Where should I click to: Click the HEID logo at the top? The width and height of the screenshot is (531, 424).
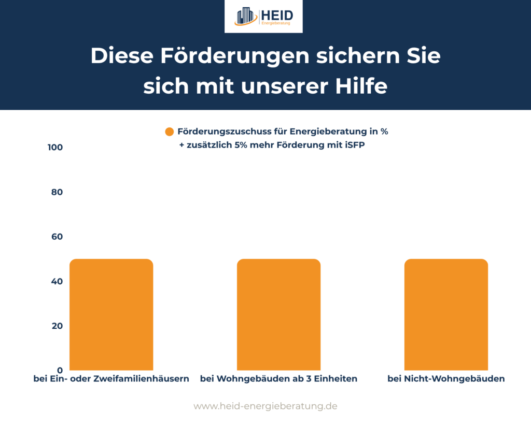click(263, 16)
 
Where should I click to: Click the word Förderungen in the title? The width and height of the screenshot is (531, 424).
click(212, 56)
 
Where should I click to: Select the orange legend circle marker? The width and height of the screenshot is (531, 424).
click(169, 132)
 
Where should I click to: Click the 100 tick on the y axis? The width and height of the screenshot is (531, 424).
click(54, 148)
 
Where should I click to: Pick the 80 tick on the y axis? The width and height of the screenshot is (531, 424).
click(56, 192)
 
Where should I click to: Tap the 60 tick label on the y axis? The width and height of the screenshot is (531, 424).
click(56, 237)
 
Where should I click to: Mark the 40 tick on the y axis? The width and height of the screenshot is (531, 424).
click(56, 281)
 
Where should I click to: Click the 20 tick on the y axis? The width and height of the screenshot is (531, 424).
click(56, 326)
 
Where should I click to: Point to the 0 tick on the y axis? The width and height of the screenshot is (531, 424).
click(59, 370)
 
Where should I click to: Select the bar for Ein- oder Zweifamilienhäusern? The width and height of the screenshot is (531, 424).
click(111, 314)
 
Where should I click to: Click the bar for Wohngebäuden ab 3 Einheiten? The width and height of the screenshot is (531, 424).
click(278, 314)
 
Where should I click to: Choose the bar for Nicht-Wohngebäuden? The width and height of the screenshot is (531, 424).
click(446, 314)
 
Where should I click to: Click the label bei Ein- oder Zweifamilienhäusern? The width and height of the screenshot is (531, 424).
click(111, 379)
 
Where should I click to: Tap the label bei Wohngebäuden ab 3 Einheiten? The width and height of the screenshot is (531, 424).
click(278, 379)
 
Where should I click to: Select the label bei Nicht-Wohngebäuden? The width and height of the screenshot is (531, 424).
click(446, 379)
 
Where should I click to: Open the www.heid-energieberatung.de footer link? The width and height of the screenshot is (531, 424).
click(265, 406)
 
